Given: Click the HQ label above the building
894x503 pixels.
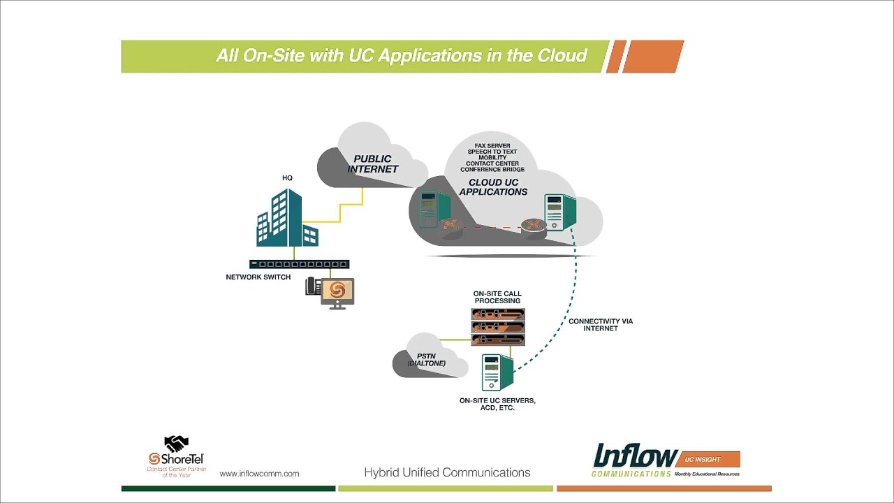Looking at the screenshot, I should click(287, 178).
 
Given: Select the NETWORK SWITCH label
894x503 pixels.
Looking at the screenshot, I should click(258, 277).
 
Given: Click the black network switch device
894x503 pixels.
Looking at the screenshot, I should click(299, 264).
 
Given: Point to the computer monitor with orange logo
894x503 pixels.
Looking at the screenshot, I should click(337, 291).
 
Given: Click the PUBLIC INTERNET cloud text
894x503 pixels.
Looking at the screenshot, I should click(373, 164).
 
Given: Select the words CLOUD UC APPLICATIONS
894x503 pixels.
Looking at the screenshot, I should click(493, 187).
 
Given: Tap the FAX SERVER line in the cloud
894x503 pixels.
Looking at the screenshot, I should click(492, 146).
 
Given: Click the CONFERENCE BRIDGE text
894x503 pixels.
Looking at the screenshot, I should click(492, 170).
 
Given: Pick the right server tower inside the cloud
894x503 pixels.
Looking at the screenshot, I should click(559, 212).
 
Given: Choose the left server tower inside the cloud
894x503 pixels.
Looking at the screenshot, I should click(428, 209).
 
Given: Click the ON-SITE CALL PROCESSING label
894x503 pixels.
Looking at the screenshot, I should click(497, 298).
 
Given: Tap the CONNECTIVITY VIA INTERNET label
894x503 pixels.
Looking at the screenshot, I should click(601, 325).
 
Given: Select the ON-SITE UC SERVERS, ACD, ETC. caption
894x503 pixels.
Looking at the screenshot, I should click(497, 404).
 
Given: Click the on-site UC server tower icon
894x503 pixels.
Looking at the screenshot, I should click(497, 373).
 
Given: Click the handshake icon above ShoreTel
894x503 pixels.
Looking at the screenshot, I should click(176, 443).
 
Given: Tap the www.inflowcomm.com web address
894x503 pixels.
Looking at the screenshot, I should click(259, 474).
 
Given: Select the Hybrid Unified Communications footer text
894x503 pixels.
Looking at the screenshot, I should click(447, 473).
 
